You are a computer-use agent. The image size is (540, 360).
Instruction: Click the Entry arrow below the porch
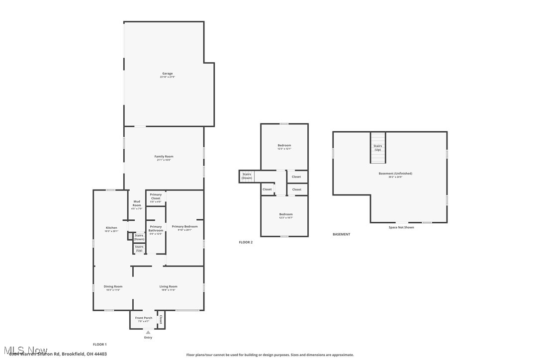point(148,332)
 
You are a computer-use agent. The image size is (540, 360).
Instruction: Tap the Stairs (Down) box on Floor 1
point(139,237)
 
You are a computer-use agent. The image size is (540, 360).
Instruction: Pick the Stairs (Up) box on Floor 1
point(139,248)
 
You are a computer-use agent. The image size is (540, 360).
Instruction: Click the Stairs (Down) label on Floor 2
point(247,176)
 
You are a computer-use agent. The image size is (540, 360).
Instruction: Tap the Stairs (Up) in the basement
point(378,148)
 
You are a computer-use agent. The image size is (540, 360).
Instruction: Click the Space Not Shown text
point(401,227)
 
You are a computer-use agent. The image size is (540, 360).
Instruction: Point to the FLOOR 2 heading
point(246,242)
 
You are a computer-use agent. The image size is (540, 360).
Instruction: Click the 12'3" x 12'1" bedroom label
point(284,147)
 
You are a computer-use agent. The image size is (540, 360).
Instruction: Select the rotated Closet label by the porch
point(161,319)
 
